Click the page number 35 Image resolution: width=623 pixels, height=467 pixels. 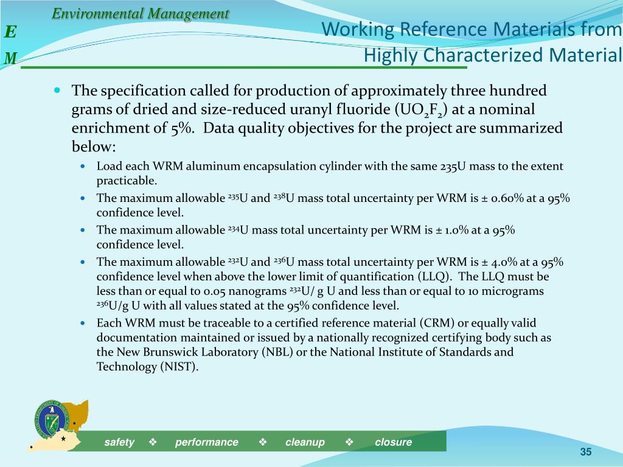[586, 451]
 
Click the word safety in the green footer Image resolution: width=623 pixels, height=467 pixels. [119, 442]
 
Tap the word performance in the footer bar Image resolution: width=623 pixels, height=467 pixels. [207, 442]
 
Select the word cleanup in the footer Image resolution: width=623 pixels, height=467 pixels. [305, 442]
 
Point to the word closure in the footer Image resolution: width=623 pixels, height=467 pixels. [393, 442]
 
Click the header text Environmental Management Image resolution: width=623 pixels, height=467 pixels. [140, 13]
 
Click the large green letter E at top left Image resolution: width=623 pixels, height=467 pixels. [11, 32]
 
